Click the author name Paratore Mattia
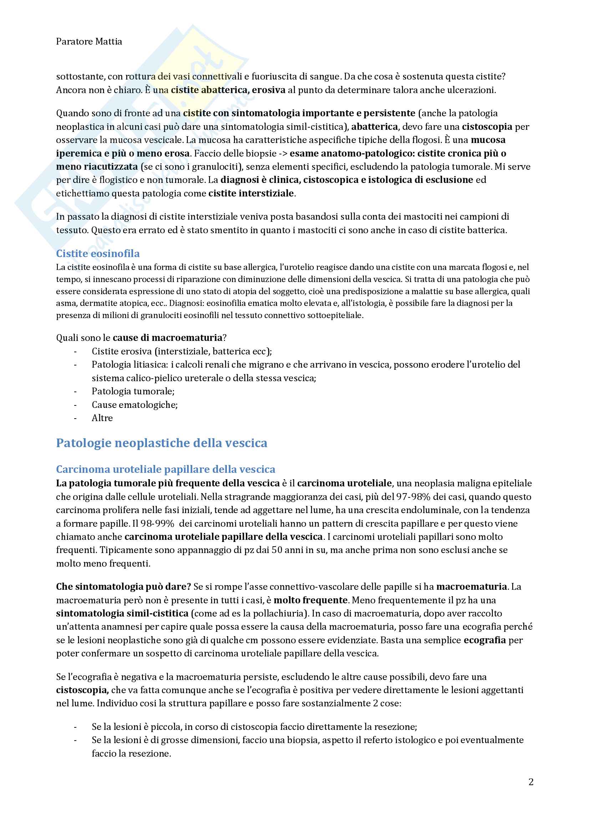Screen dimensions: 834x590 89,42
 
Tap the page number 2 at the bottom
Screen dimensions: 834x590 531,782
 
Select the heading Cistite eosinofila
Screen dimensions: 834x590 98,254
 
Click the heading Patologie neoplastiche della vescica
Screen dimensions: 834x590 162,443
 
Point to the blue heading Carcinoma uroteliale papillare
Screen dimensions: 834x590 165,469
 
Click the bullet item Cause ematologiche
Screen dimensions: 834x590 134,405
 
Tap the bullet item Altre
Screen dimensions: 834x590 102,418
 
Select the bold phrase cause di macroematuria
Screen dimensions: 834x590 168,338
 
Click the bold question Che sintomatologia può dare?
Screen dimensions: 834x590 123,587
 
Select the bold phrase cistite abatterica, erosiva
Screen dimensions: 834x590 228,90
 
